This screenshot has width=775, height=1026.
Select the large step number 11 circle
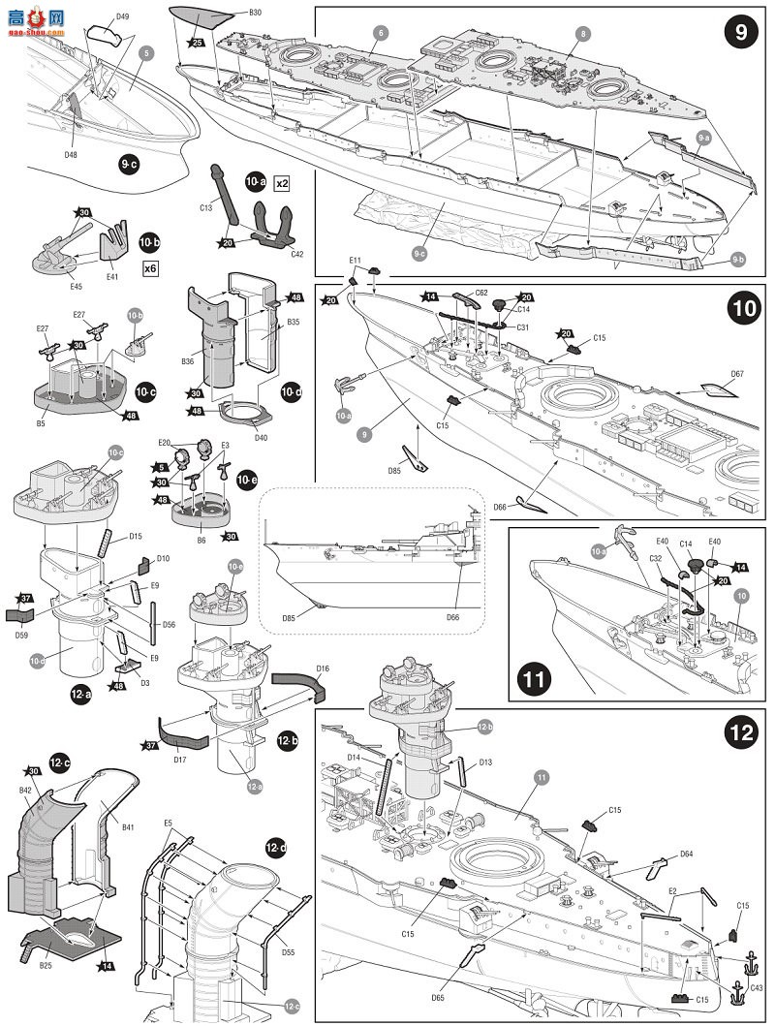pyautogui.click(x=534, y=676)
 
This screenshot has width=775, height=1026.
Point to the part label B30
pyautogui.click(x=255, y=13)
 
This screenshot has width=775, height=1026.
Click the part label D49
pyautogui.click(x=122, y=16)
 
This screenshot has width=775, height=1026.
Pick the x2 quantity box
pyautogui.click(x=282, y=183)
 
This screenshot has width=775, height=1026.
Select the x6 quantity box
pyautogui.click(x=150, y=268)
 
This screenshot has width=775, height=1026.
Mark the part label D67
pyautogui.click(x=737, y=373)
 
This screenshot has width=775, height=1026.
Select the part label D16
pyautogui.click(x=323, y=668)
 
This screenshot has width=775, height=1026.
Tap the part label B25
pyautogui.click(x=45, y=965)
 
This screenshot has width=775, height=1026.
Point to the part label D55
pyautogui.click(x=288, y=952)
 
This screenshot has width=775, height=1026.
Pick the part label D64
pyautogui.click(x=686, y=854)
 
